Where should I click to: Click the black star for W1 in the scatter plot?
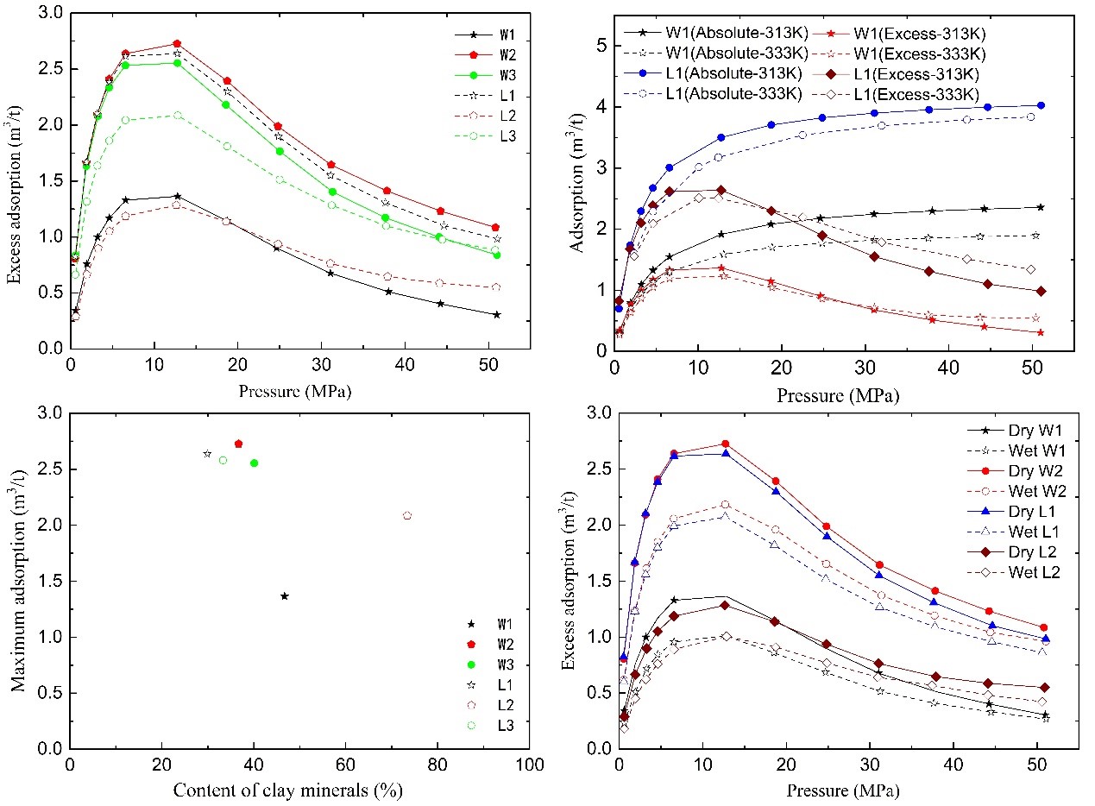(x=285, y=596)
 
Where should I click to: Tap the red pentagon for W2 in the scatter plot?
(x=239, y=444)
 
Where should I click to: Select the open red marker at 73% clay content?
(x=407, y=516)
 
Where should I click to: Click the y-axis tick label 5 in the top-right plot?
(x=601, y=46)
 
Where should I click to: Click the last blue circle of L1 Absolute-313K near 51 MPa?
(x=1040, y=105)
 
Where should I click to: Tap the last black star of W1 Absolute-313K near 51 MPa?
(x=1040, y=207)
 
